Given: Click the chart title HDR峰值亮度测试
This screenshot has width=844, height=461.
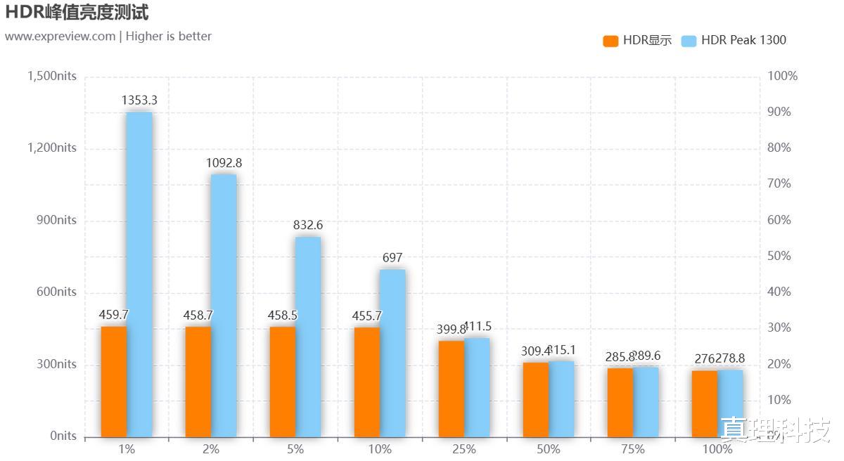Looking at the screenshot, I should point(77,12).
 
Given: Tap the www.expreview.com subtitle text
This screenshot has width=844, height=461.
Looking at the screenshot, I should point(60,37).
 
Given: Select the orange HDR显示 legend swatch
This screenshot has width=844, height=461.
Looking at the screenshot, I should point(610,41).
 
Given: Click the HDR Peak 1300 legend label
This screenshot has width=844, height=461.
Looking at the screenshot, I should point(743,41).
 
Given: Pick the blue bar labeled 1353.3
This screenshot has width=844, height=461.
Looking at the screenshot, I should point(139,274).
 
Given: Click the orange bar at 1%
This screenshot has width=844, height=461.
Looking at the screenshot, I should point(114,382).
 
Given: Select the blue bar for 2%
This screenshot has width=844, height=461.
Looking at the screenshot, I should point(224,306).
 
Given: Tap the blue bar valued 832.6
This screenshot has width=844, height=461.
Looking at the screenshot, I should point(308,337).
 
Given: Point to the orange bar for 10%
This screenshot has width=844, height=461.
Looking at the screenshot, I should point(367,382).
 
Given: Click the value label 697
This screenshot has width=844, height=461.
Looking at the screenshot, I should point(392,258).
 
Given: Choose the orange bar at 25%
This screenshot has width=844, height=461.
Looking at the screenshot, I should point(452,389).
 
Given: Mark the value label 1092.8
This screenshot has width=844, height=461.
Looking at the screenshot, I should point(224,163).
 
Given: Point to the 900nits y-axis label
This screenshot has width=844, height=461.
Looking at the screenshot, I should point(57,220).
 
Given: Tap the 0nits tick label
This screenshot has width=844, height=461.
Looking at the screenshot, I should point(63,436).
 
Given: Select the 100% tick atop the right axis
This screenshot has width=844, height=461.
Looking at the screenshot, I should point(782,76).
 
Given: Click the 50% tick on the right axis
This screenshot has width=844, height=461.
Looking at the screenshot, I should point(779,256).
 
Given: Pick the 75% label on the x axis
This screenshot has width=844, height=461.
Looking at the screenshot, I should point(633,449).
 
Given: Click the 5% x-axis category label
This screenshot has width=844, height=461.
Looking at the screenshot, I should point(295,449).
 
